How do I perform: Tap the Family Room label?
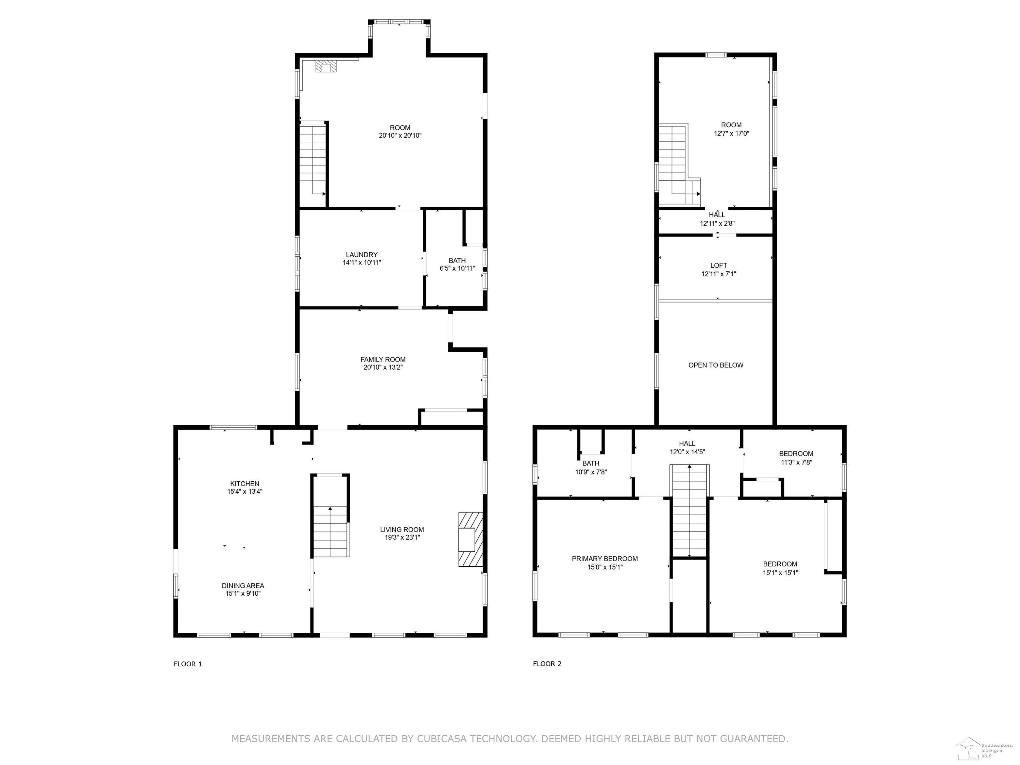(383, 359)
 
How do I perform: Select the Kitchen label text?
(244, 484)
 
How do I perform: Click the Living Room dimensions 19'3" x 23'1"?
(402, 537)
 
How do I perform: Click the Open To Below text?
(716, 365)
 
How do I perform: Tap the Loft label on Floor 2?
(718, 266)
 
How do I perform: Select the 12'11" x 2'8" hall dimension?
(717, 223)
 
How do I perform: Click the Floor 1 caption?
(188, 664)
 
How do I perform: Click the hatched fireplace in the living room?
(470, 539)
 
